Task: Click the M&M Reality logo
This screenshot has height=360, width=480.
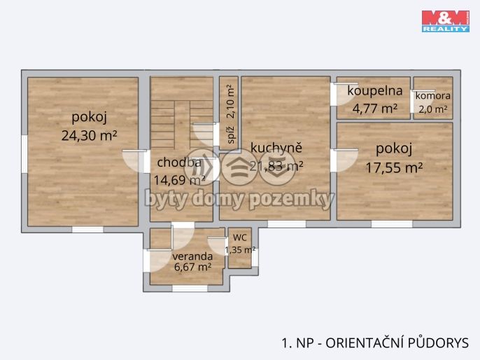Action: (446, 21)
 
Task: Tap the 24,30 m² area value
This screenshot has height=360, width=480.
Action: (89, 135)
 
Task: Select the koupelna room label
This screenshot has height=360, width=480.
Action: (375, 90)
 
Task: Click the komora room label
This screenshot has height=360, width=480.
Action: (433, 96)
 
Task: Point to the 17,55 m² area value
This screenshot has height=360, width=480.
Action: (395, 167)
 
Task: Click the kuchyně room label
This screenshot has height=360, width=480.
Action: (276, 147)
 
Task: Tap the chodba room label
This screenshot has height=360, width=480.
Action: (179, 162)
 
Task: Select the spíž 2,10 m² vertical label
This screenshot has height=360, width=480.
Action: (231, 114)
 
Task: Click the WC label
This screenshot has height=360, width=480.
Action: (240, 237)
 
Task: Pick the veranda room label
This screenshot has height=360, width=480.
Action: (192, 256)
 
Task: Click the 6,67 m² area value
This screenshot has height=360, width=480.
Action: (192, 267)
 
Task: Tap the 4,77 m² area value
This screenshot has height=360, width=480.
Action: (375, 108)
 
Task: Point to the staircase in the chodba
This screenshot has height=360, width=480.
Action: (182, 124)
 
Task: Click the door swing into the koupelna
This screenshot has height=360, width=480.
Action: (344, 94)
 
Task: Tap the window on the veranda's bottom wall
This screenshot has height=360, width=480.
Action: (190, 289)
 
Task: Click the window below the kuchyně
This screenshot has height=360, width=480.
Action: (287, 224)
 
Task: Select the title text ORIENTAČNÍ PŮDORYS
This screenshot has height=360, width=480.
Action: (397, 343)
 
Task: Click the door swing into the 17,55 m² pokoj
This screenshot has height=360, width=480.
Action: (345, 160)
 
